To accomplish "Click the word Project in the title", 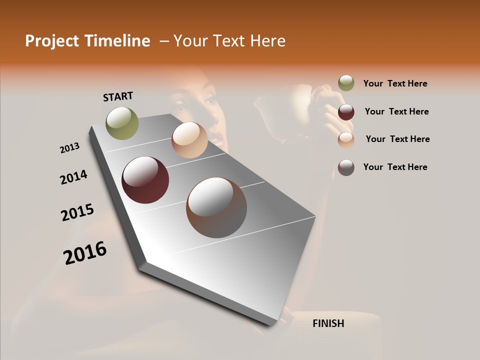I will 52,41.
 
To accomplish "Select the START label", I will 118,96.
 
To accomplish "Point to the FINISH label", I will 328,323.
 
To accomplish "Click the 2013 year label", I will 69,148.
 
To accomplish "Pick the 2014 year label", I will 73,177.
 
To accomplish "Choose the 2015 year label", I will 77,212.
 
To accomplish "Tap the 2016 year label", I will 85,252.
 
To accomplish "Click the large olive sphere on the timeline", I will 122,123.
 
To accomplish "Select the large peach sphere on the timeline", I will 189,140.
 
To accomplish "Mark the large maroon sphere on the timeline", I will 145,180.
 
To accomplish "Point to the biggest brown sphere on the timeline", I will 216,207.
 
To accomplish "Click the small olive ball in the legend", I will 346,83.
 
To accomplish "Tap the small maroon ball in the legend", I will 346,112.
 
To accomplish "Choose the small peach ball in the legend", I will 346,140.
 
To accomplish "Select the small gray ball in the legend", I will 346,167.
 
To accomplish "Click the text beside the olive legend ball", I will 395,83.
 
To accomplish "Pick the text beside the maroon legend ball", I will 396,111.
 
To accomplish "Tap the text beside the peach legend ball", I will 397,139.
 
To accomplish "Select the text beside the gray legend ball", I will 395,167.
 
